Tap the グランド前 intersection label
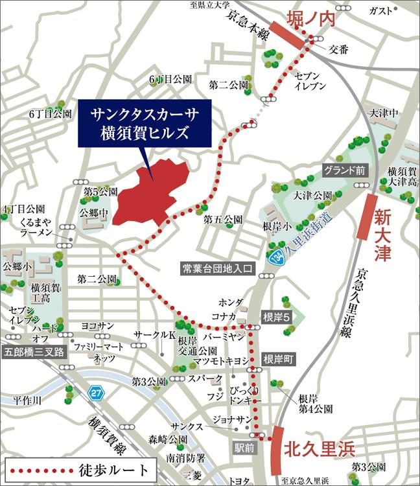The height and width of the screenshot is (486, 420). pos(345,171)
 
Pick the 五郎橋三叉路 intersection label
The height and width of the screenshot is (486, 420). pos(34,352)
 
